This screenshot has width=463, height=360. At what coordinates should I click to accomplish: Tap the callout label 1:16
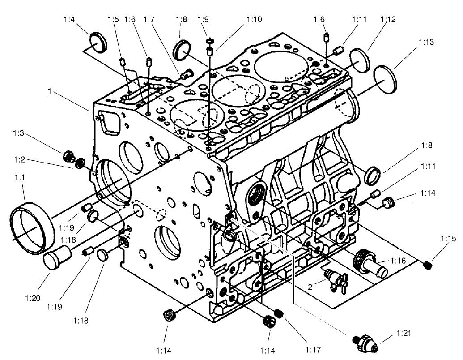[398, 261]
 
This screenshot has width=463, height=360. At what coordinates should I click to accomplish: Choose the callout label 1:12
[388, 20]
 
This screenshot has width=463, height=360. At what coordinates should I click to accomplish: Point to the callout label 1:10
[254, 20]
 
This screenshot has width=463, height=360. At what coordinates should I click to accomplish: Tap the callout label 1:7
[149, 20]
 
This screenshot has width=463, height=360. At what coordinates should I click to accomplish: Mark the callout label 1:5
[113, 20]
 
